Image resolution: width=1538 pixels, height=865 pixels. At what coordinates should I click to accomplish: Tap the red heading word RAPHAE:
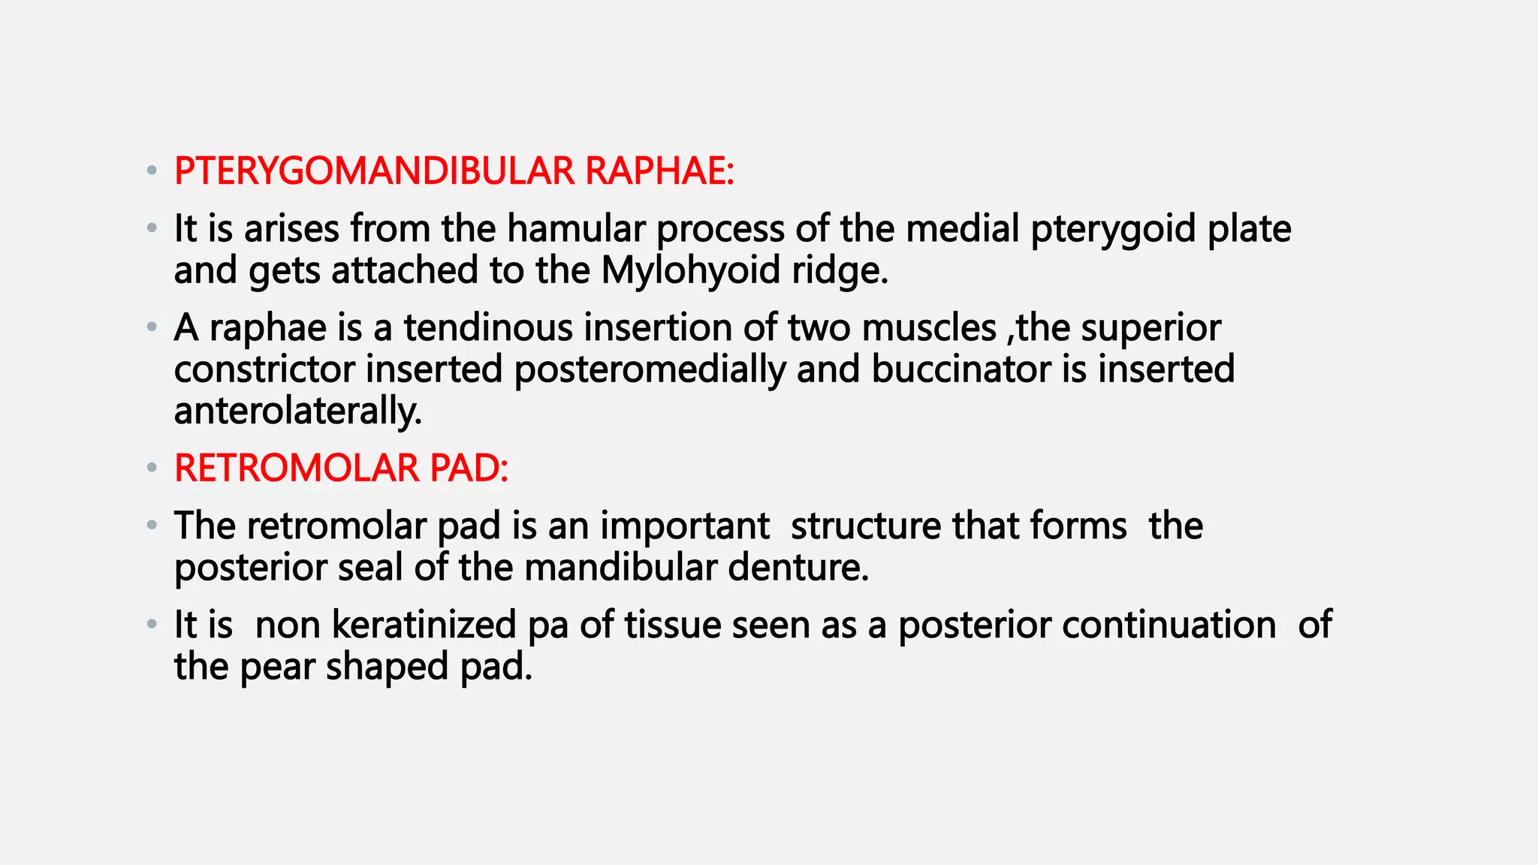click(x=659, y=171)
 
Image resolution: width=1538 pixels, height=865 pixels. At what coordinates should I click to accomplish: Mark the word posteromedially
click(x=650, y=370)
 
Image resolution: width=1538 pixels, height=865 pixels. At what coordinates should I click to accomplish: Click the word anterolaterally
click(x=298, y=411)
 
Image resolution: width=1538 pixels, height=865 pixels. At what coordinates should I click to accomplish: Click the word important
click(x=685, y=526)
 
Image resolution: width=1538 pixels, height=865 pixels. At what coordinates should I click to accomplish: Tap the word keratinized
click(x=424, y=625)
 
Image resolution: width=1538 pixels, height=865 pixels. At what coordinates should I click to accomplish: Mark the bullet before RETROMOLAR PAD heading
click(x=152, y=469)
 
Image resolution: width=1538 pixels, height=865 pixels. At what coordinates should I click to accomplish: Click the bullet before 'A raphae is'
click(x=152, y=327)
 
